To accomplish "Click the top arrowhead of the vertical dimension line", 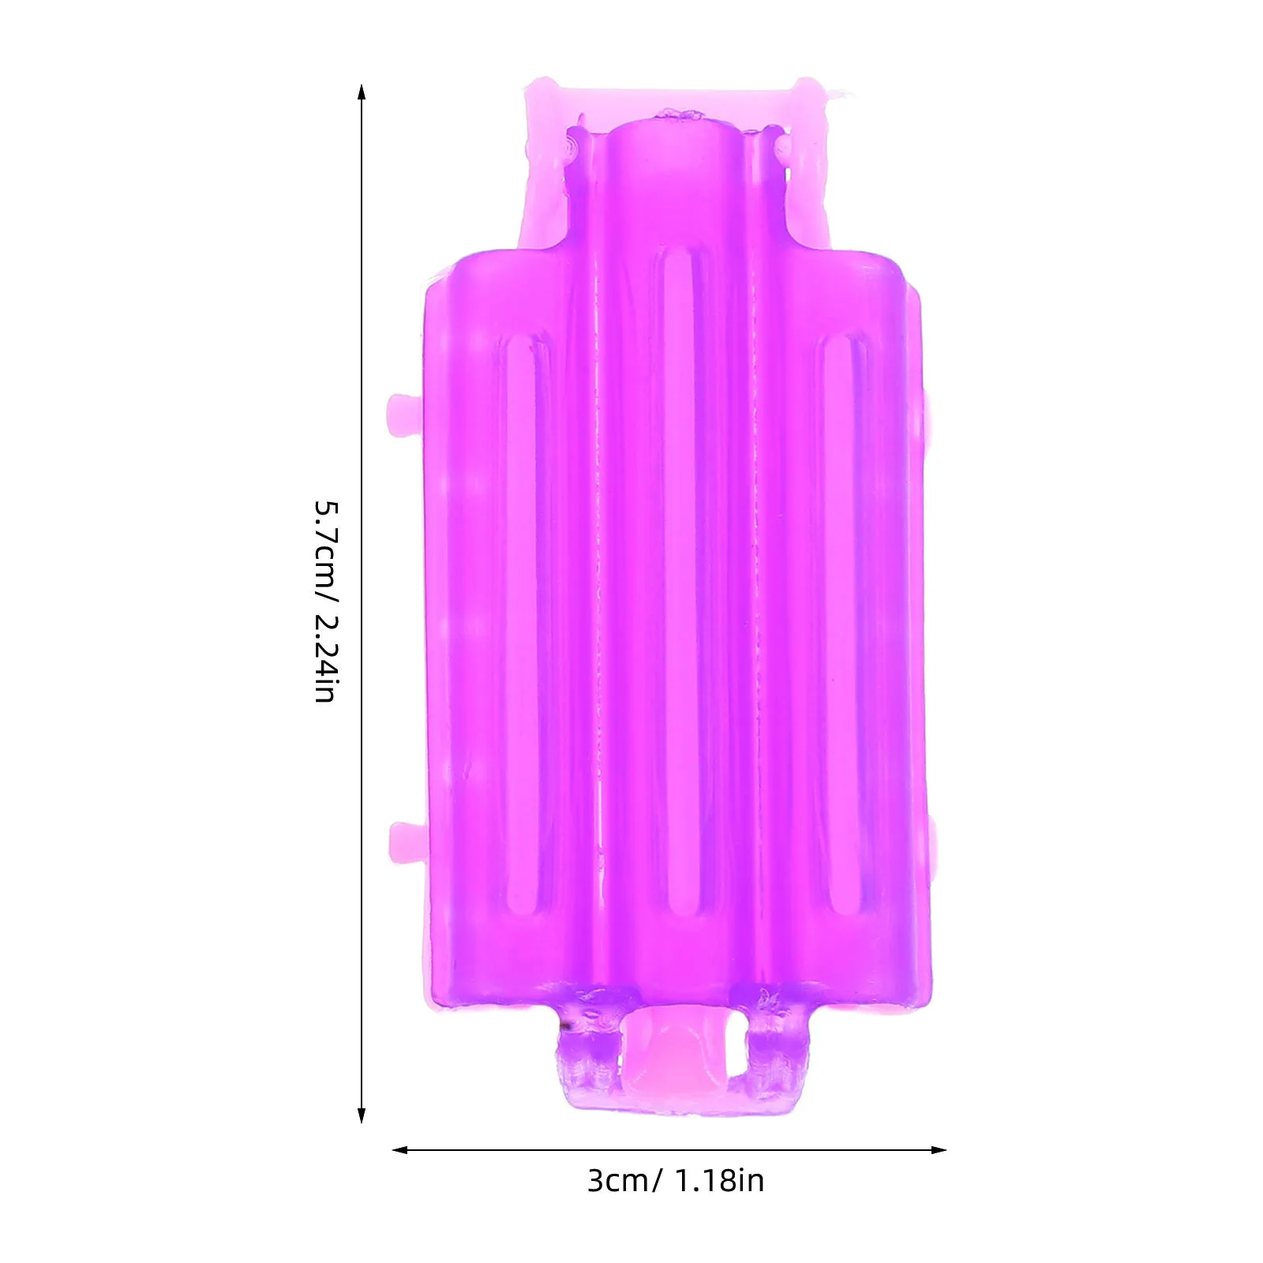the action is pyautogui.click(x=362, y=90).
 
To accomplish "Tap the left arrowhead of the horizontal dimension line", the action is pyautogui.click(x=399, y=1150).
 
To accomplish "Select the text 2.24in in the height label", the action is pyautogui.click(x=326, y=658).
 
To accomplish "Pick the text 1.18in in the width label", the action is pyautogui.click(x=720, y=1182).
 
